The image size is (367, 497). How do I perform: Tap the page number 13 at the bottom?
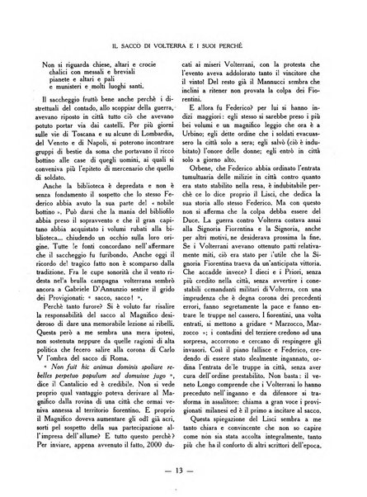[x=183, y=471]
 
